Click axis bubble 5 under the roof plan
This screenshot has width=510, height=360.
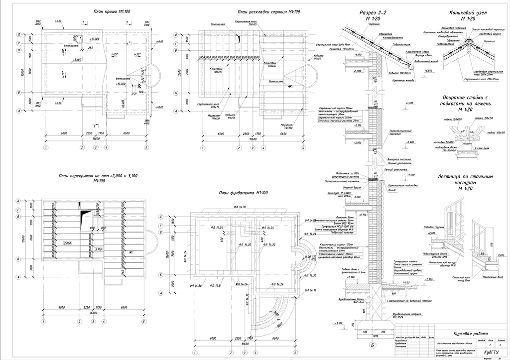146,148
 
